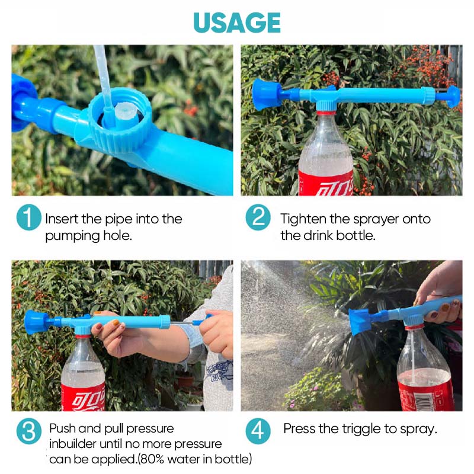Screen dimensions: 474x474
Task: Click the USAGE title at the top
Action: tap(237, 23)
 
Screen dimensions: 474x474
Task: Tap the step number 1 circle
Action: tap(28, 219)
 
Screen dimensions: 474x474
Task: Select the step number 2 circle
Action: tap(258, 219)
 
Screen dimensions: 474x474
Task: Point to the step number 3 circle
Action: tap(28, 431)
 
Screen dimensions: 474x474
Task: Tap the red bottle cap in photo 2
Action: tap(326, 108)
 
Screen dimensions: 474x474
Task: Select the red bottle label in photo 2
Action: tap(326, 182)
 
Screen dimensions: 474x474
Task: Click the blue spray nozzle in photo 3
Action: tap(36, 321)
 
